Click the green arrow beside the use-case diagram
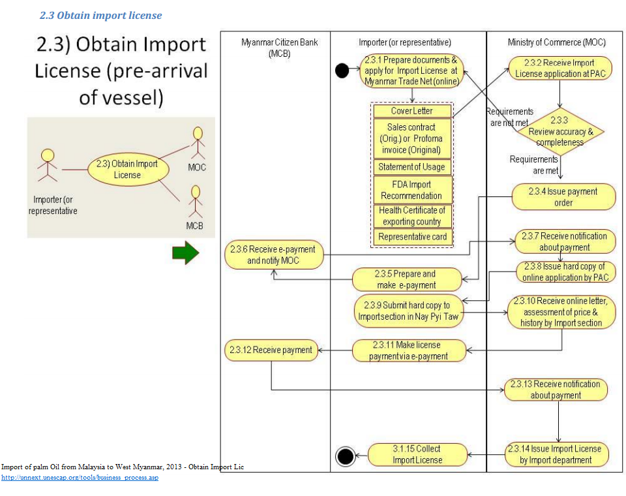click(185, 253)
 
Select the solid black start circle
click(342, 69)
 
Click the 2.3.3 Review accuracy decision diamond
click(559, 131)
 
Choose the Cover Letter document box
click(412, 111)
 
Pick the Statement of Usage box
click(412, 167)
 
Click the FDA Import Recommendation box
click(412, 190)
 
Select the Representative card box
click(412, 237)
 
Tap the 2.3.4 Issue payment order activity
click(563, 197)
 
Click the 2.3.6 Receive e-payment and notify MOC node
click(274, 255)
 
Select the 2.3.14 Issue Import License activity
click(558, 454)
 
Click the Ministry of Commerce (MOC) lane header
click(556, 42)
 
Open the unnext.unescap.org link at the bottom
click(80, 478)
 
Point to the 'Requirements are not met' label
click(510, 117)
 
